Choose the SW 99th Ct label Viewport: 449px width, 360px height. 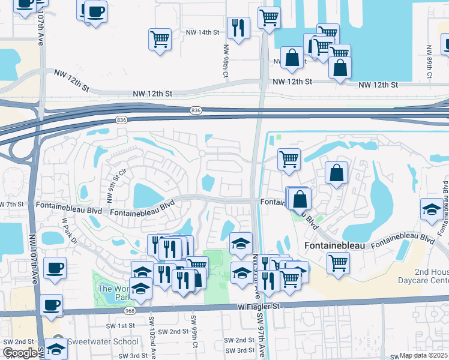tap(194, 337)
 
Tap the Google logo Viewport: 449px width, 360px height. tap(20, 353)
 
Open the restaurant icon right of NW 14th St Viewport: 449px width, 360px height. tap(238, 28)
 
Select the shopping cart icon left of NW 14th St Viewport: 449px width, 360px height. tap(160, 40)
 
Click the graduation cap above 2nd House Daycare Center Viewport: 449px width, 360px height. tap(432, 210)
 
